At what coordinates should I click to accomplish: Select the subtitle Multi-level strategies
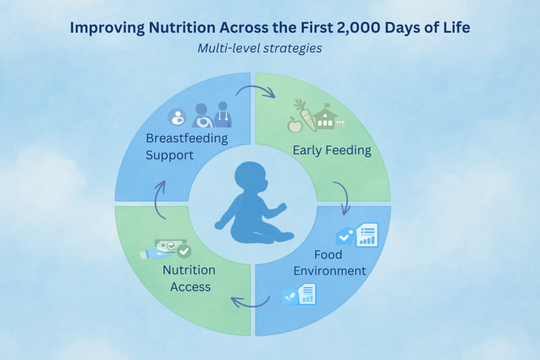coord(259,48)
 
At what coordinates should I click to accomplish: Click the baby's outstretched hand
coord(283,207)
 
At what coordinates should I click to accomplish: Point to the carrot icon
coord(305,115)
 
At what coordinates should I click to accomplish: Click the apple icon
coord(295,124)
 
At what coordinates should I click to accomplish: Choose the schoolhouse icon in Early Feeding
coord(325,117)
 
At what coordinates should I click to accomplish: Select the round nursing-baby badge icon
coord(177,117)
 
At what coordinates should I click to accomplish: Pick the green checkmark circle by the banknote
coord(184,251)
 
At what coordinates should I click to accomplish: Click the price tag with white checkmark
coord(345,236)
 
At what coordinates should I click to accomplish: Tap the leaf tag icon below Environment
coord(291,296)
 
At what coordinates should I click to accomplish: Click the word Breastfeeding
coord(187,138)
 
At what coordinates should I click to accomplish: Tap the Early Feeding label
coord(332,150)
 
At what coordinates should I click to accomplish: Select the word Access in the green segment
coord(190,287)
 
